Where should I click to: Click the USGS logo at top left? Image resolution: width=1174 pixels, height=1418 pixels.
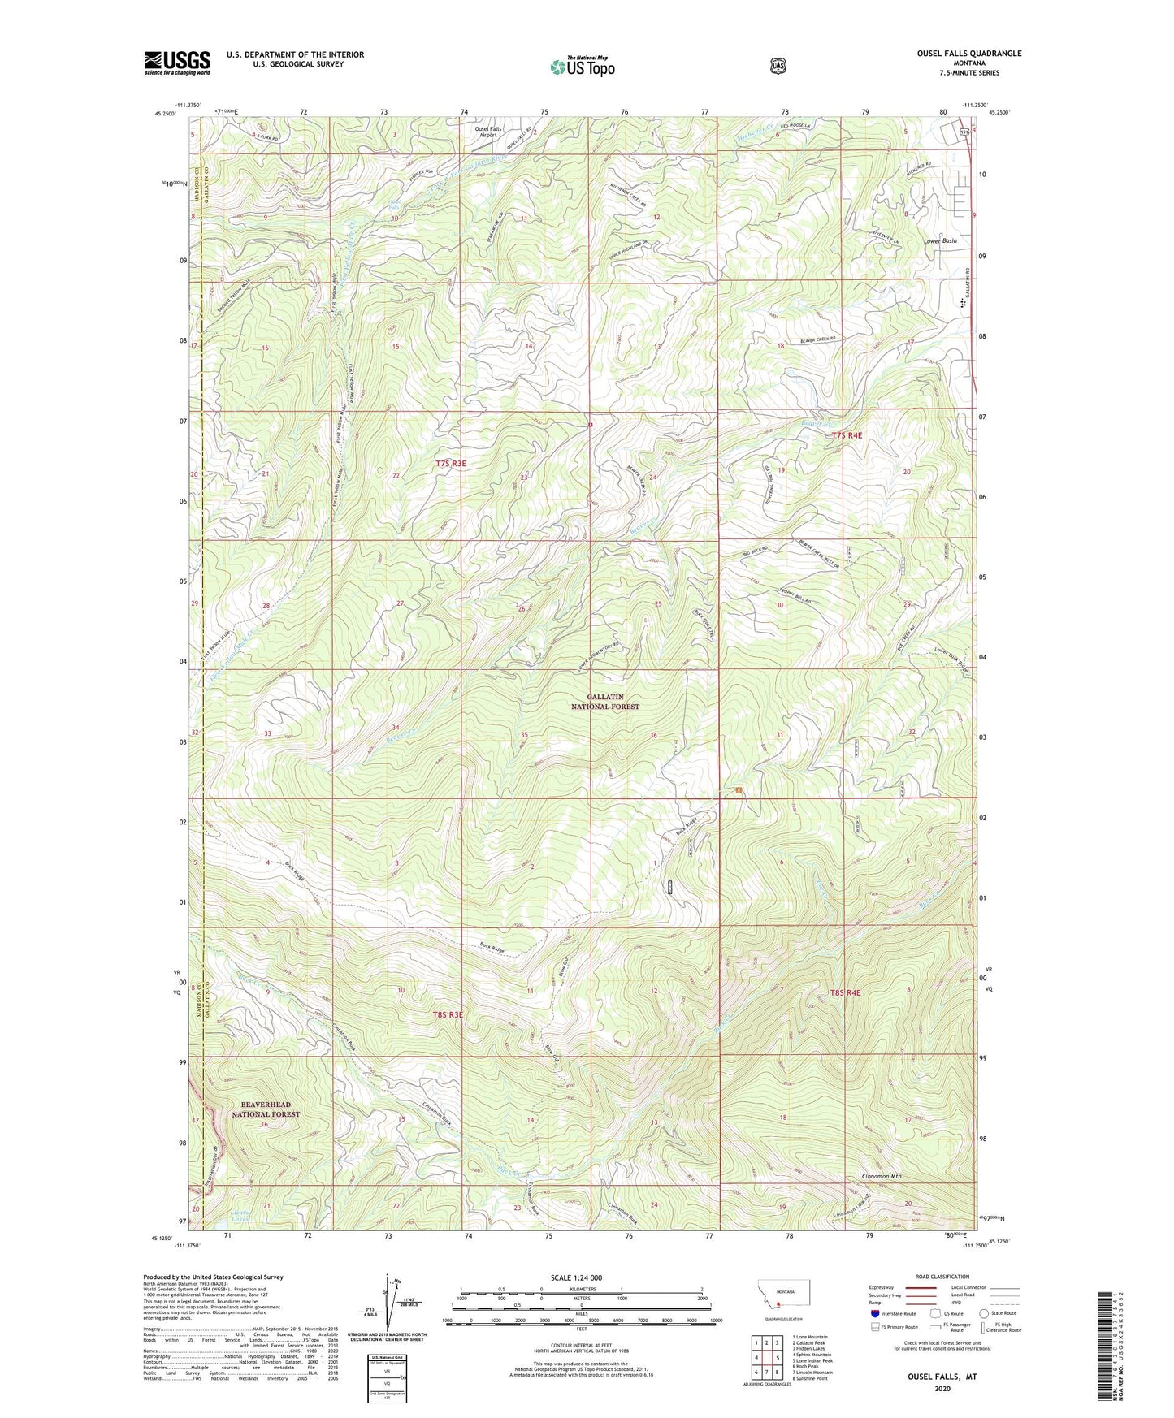pyautogui.click(x=177, y=62)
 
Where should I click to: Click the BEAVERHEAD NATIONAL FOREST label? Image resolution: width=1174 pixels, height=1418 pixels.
pyautogui.click(x=266, y=1109)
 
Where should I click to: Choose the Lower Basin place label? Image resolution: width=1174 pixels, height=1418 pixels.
pyautogui.click(x=940, y=241)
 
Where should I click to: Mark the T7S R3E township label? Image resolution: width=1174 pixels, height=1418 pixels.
pyautogui.click(x=451, y=463)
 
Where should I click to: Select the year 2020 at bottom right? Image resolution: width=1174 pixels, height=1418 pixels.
pyautogui.click(x=942, y=1389)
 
